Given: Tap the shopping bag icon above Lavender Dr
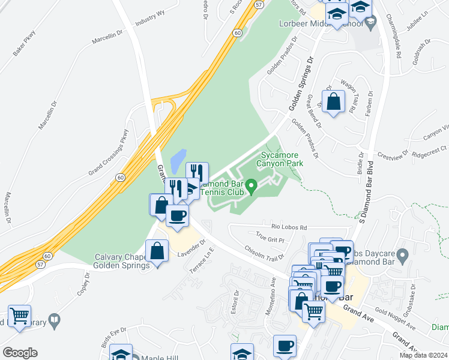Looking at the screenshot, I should pos(157,251).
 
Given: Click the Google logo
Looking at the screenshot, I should pos(20,353).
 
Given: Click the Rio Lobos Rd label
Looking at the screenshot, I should pos(289,227).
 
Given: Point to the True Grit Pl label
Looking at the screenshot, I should pos(270,239).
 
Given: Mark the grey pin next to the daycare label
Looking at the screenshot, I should pos(403,256).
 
